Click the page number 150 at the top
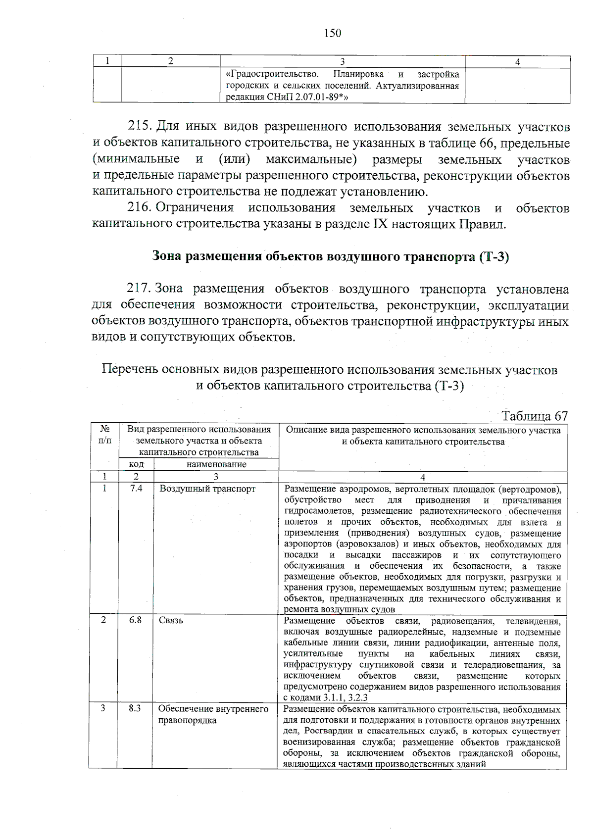click(x=332, y=33)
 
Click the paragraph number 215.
click(x=139, y=127)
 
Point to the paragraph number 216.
click(x=139, y=208)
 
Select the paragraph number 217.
click(x=139, y=289)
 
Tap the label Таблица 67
click(x=535, y=416)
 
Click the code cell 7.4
click(x=136, y=489)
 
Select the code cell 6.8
click(x=136, y=620)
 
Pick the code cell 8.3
click(x=135, y=709)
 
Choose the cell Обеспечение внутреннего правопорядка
click(x=213, y=714)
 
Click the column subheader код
click(x=136, y=464)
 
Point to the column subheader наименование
click(x=216, y=464)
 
